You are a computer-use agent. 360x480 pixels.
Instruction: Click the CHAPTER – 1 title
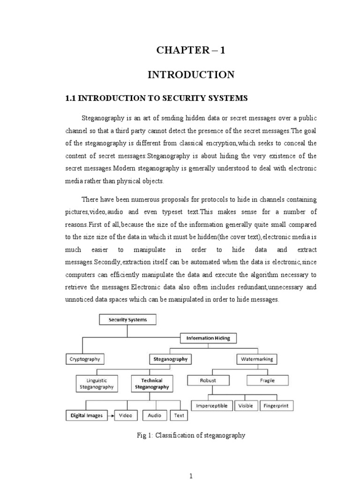coord(191,51)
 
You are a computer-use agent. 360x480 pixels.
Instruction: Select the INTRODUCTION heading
coord(191,75)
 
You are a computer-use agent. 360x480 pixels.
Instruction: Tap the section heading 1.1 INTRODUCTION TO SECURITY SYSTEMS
coord(155,98)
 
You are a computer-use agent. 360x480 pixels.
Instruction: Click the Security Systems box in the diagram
coord(127,320)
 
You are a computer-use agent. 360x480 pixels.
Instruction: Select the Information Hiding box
coord(208,337)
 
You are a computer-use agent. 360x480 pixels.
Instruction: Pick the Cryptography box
coord(84,360)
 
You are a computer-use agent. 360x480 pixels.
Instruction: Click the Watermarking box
coord(256,360)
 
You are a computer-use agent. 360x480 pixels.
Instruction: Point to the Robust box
coord(208,380)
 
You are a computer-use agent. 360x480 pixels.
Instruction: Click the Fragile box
coord(268,380)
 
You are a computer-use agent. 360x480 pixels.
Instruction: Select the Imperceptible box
coord(211,405)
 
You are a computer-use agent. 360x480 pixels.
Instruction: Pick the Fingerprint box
coord(277,405)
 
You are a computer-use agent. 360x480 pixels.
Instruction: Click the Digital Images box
coord(86,415)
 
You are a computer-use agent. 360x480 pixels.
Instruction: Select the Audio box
coord(155,415)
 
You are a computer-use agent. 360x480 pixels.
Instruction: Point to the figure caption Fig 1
coord(191,435)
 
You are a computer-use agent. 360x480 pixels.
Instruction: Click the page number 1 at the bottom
coord(191,476)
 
